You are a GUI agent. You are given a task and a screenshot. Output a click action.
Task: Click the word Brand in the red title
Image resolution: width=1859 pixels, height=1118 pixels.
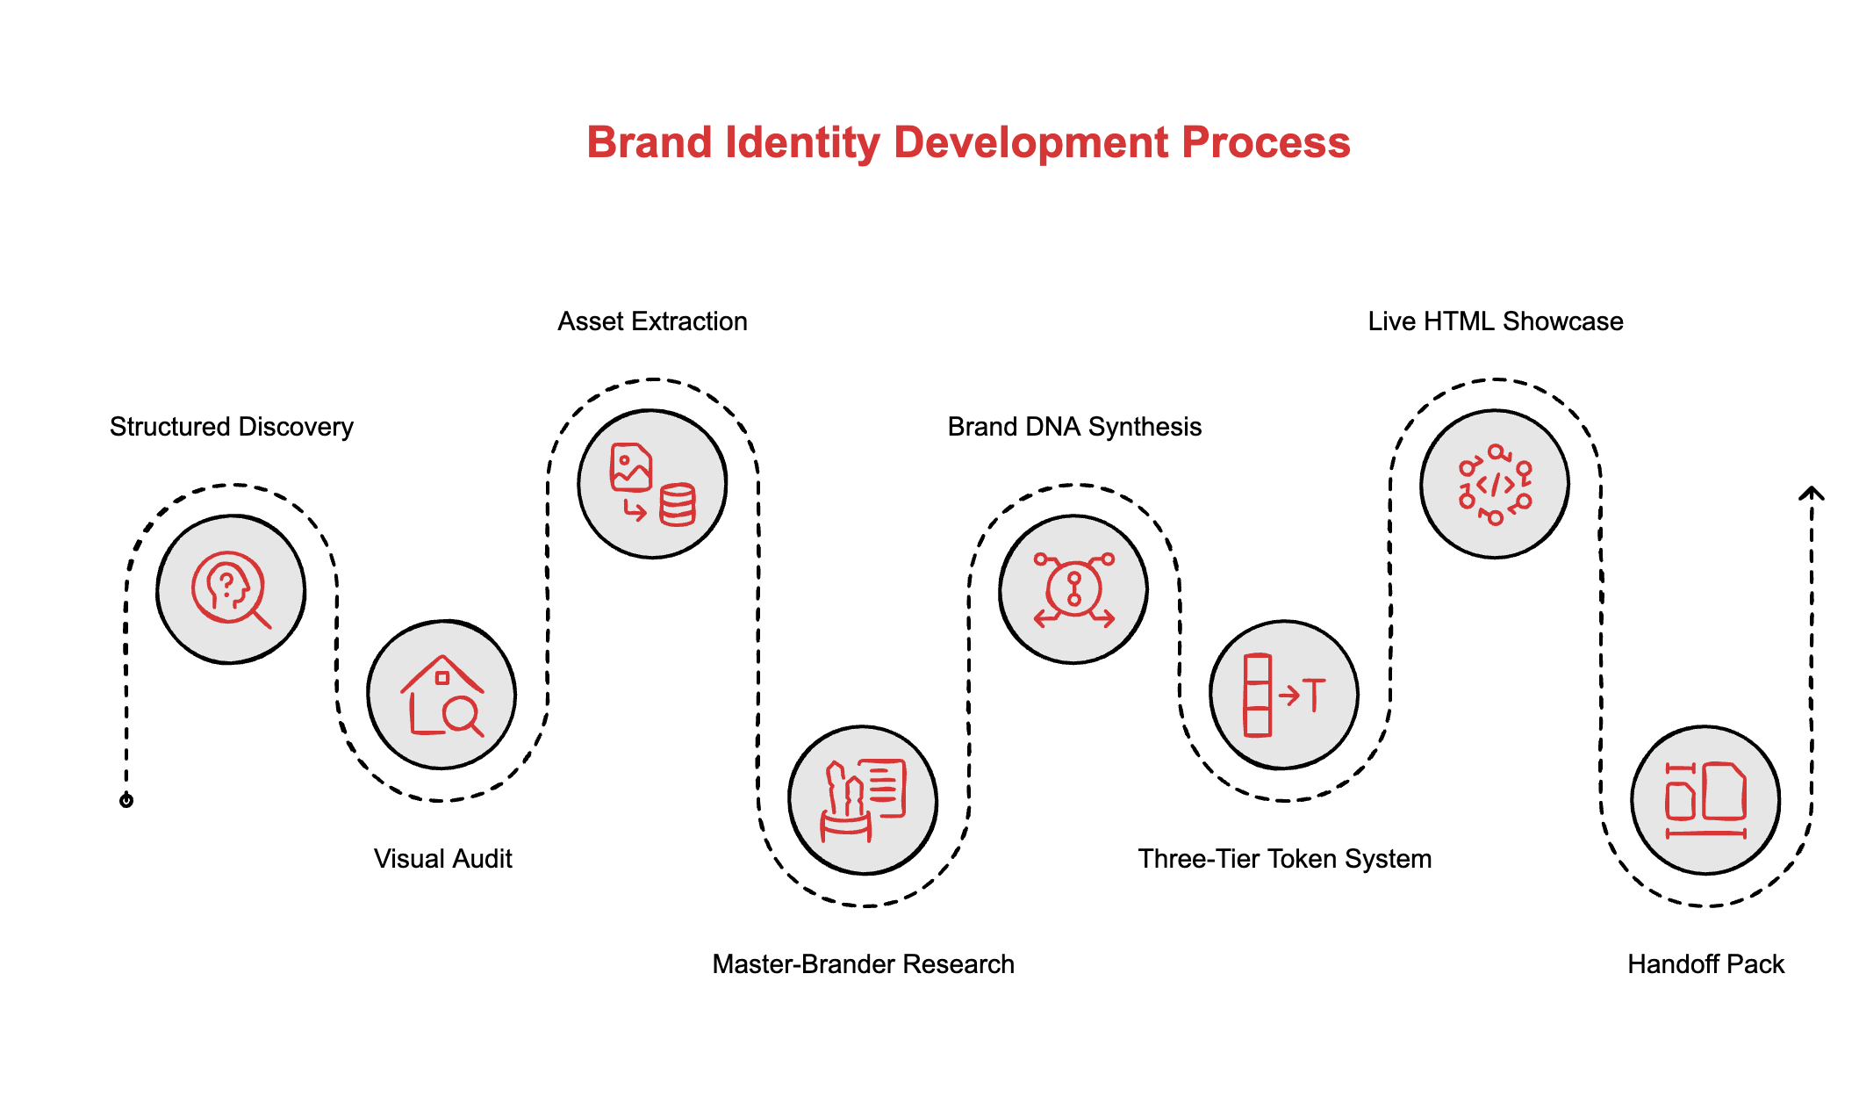pyautogui.click(x=648, y=142)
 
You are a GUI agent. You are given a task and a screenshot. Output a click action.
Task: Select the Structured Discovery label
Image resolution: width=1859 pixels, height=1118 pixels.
pyautogui.click(x=231, y=427)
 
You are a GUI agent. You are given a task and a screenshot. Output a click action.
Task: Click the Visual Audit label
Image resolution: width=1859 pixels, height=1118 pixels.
pyautogui.click(x=442, y=858)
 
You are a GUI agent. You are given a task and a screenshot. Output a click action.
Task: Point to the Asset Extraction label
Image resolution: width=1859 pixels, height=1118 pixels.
pyautogui.click(x=652, y=321)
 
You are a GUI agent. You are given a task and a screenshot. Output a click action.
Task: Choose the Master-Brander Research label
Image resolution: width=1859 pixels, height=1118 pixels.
pyautogui.click(x=863, y=963)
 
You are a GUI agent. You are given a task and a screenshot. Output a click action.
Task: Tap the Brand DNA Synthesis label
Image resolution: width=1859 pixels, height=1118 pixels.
pyautogui.click(x=1074, y=427)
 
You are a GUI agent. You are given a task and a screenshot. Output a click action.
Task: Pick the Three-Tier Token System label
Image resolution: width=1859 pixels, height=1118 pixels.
pyautogui.click(x=1284, y=858)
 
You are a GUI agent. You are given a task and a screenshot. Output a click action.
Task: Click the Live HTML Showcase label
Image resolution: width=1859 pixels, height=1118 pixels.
pyautogui.click(x=1495, y=321)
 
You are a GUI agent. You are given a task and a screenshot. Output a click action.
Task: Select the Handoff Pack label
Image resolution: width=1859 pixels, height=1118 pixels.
pyautogui.click(x=1705, y=963)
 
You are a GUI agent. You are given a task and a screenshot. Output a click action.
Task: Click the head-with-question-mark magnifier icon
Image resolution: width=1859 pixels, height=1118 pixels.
pyautogui.click(x=231, y=589)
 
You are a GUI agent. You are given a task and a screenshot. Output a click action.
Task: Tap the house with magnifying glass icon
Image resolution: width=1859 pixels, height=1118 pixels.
pyautogui.click(x=441, y=695)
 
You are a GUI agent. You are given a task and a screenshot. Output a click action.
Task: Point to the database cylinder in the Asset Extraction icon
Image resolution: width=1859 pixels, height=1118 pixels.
pyautogui.click(x=678, y=505)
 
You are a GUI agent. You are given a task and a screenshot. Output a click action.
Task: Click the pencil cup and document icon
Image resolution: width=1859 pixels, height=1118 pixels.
pyautogui.click(x=863, y=800)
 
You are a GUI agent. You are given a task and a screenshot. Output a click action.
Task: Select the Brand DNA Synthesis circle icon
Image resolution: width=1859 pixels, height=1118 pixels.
pyautogui.click(x=1073, y=589)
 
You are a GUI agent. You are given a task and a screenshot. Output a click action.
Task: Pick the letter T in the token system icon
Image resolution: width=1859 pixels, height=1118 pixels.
pyautogui.click(x=1314, y=695)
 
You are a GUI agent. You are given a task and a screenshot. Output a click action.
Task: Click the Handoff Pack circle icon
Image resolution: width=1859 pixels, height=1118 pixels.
pyautogui.click(x=1705, y=800)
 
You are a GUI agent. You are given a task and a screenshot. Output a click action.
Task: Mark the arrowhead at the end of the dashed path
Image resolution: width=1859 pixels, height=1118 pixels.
pyautogui.click(x=1811, y=494)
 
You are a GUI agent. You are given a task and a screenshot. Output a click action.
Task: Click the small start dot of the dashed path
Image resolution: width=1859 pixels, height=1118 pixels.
pyautogui.click(x=126, y=800)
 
